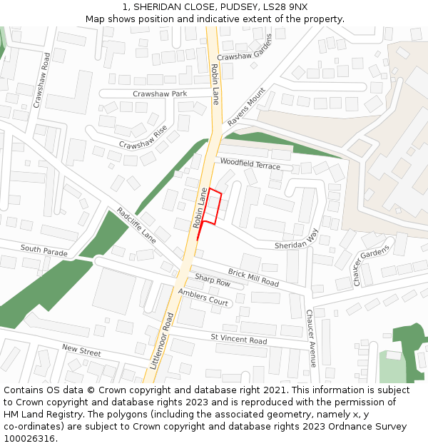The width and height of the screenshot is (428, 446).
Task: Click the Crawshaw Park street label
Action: tap(160, 93)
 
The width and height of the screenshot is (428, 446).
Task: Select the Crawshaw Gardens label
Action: tap(245, 46)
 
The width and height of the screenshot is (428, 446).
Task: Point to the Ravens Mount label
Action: tap(246, 108)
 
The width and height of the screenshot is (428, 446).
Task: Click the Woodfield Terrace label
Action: tap(250, 164)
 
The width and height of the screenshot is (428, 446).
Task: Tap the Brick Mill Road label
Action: tap(253, 277)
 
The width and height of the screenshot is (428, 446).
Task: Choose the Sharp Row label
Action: tap(213, 280)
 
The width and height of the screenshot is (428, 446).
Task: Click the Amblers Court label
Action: tap(203, 298)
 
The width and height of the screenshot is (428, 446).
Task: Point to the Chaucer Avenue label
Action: tap(311, 338)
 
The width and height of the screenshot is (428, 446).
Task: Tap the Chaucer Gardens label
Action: tap(372, 265)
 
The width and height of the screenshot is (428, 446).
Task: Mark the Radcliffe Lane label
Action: tap(136, 225)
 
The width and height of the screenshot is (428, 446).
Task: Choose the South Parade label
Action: tap(44, 250)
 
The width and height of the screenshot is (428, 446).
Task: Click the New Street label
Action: tap(81, 350)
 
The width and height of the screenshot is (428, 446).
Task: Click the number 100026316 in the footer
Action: tap(29, 438)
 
